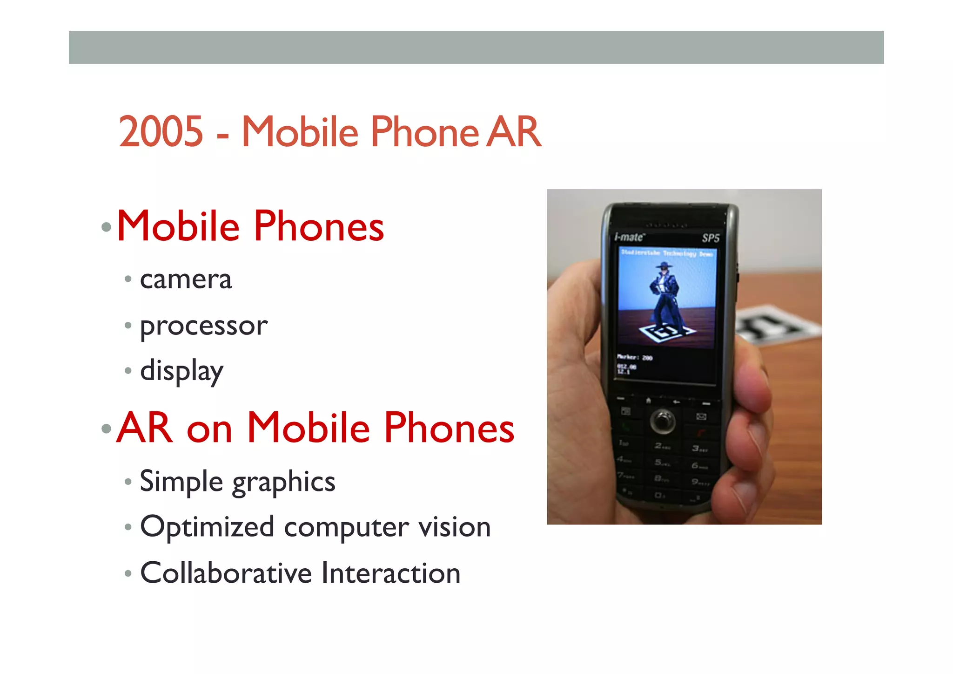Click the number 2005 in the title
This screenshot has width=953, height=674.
[161, 132]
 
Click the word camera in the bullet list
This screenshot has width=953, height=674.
[186, 279]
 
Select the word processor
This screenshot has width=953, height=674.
[204, 326]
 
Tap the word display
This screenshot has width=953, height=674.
[182, 371]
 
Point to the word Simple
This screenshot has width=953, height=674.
[181, 482]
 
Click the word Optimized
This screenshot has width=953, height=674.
[207, 527]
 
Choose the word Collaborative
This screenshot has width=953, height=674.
[226, 573]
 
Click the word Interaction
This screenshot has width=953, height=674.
[391, 573]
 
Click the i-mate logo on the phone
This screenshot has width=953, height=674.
[630, 237]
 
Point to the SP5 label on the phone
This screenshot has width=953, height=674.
[711, 238]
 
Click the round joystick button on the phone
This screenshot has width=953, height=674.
[663, 420]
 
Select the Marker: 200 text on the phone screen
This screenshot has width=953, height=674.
[635, 357]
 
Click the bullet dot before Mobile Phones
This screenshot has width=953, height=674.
[107, 227]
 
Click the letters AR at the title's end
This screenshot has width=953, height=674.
[514, 132]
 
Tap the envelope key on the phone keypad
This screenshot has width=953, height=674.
[701, 416]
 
